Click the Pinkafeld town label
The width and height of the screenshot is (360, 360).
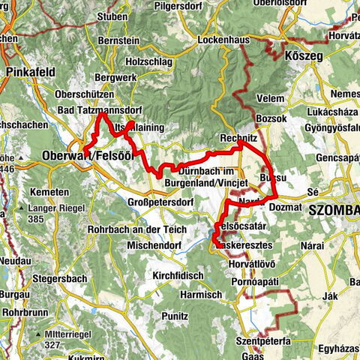tap(28, 72)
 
